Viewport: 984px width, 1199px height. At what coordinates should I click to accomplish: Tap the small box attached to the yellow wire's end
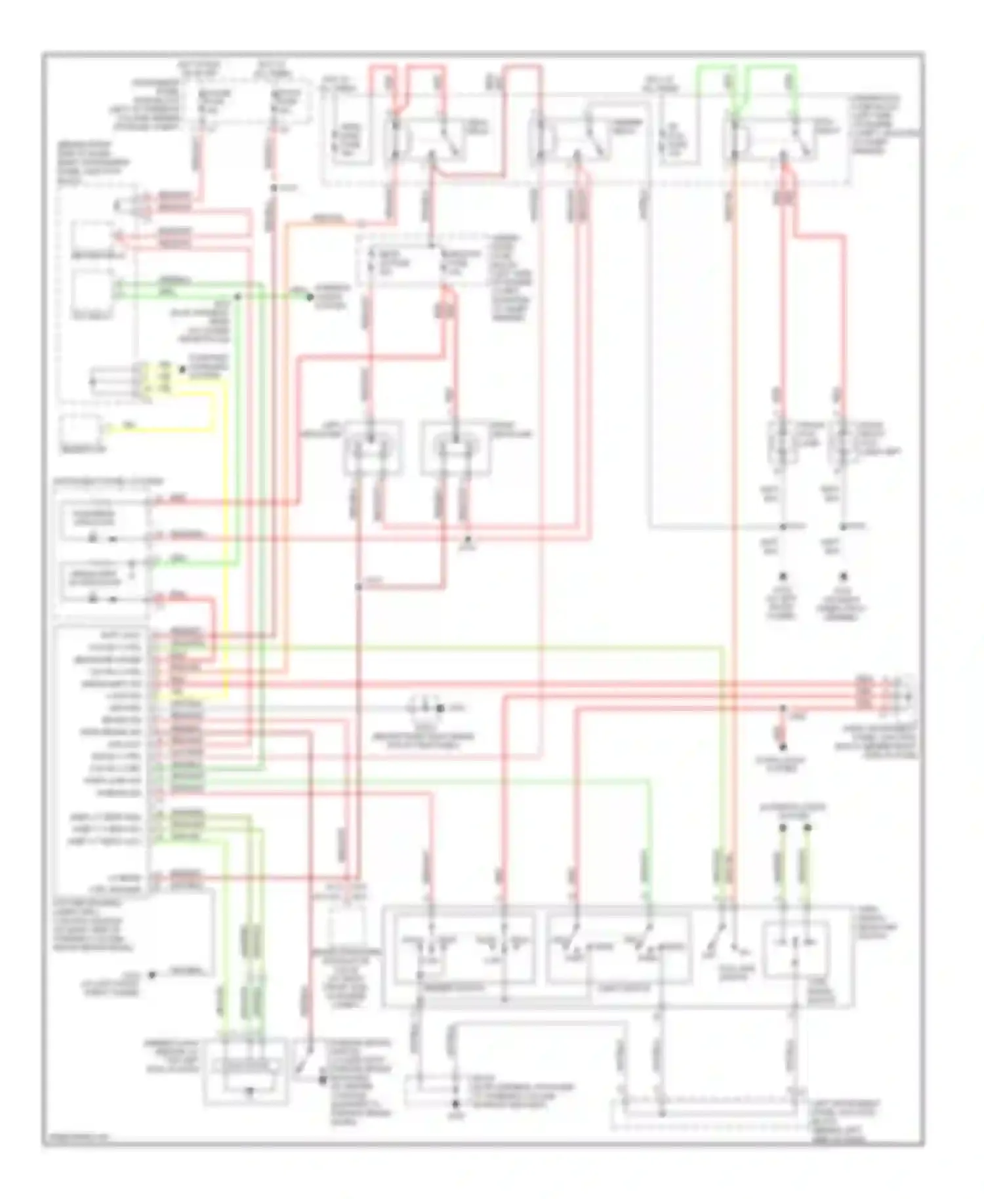point(81,430)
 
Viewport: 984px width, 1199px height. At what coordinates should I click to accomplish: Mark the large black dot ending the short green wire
point(312,296)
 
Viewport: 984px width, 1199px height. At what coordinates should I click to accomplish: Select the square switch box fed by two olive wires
point(795,950)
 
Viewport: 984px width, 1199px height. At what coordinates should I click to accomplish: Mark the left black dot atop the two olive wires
point(782,828)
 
